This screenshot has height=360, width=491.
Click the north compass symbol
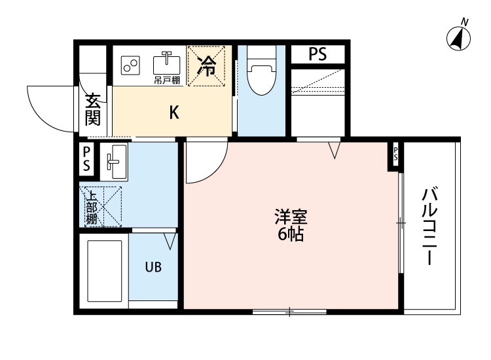coord(459,39)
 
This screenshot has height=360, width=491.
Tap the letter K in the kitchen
coord(173,113)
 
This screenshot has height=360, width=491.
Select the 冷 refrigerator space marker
coord(208,66)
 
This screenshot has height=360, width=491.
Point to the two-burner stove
coord(131,65)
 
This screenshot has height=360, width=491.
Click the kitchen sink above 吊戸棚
coord(167,63)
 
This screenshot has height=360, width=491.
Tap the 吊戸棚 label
coord(166,81)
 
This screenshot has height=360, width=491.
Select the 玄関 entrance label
coord(93,110)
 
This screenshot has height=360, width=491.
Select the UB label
coord(153,267)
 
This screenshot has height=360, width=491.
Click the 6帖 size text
coord(291,235)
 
